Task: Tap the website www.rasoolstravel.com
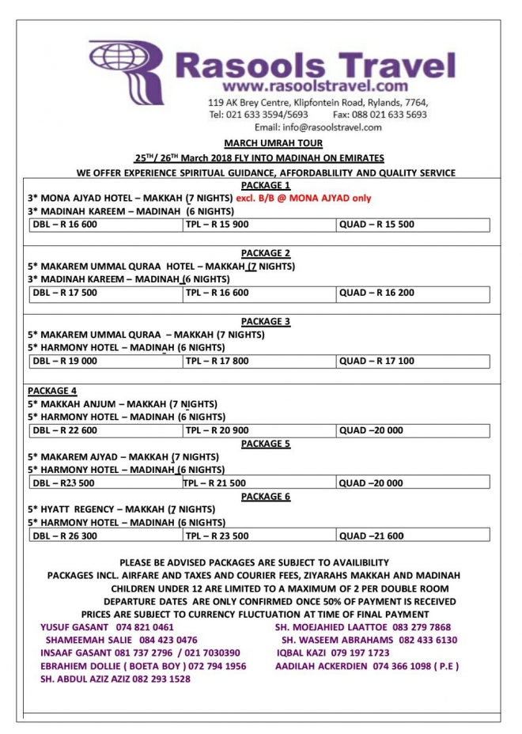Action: (315, 85)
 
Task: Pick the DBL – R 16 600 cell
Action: (66, 225)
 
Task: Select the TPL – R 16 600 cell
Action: (217, 293)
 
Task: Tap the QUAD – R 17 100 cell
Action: (376, 361)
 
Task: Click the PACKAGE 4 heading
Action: (52, 391)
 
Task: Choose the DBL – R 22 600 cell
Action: (66, 430)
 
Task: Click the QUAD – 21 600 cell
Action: (372, 535)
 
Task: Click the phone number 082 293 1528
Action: (158, 679)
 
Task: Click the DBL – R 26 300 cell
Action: (66, 535)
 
